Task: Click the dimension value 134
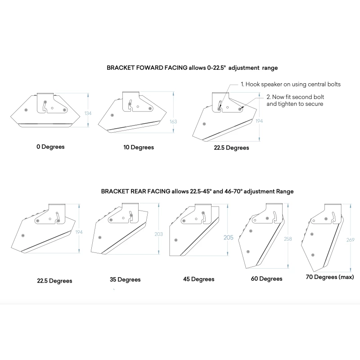tap(88, 113)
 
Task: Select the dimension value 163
tap(173, 121)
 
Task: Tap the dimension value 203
tap(158, 234)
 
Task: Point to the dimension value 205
tap(229, 238)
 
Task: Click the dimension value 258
tap(288, 239)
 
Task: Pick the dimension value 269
tap(351, 240)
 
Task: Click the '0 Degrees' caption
tap(50, 147)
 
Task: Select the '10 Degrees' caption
tap(139, 147)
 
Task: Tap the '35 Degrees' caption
tap(125, 279)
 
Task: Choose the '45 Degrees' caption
tap(198, 279)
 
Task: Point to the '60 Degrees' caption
tap(266, 279)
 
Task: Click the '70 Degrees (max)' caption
tap(330, 277)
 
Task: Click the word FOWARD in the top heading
tap(162, 68)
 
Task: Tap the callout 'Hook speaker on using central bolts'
tap(293, 84)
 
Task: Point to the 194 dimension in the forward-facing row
tap(259, 121)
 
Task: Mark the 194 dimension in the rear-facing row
tap(79, 232)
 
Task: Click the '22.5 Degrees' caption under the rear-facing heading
tap(54, 281)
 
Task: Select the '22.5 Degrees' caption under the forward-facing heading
tap(231, 148)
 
